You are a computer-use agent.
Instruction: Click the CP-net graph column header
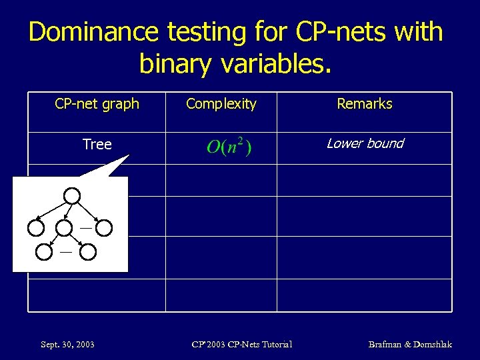click(97, 104)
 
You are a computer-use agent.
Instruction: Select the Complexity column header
click(221, 104)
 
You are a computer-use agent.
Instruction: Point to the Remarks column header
click(364, 104)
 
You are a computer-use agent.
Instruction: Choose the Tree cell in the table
click(97, 145)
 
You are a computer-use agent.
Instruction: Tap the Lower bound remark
click(365, 143)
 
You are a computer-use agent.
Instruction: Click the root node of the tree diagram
click(72, 195)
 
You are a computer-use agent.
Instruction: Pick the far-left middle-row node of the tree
click(37, 227)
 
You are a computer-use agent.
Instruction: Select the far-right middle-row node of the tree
click(104, 227)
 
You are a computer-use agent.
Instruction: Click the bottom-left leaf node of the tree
click(44, 252)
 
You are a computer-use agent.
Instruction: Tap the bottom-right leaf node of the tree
click(89, 252)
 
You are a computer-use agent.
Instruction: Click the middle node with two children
click(64, 227)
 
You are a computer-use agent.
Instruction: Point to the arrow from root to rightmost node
click(89, 211)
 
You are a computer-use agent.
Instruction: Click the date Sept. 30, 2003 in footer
click(67, 344)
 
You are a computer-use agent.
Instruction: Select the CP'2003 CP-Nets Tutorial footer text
click(241, 344)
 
